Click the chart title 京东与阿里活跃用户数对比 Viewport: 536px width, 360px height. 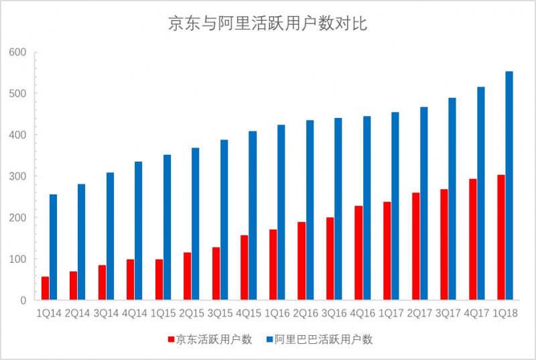coord(267,25)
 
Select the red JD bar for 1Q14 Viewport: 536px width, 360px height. coord(45,288)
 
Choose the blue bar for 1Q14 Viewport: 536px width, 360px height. coord(53,247)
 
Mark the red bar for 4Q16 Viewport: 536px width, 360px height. coord(359,253)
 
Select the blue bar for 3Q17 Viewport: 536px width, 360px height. coord(452,199)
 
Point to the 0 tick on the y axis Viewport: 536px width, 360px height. coord(22,300)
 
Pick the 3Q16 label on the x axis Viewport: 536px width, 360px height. coord(334,313)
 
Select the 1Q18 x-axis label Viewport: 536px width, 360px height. coord(505,313)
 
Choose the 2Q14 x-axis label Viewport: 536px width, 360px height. coord(78,313)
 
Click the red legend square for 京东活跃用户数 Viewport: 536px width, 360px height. coord(171,340)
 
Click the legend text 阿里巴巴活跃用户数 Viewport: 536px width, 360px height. coord(324,340)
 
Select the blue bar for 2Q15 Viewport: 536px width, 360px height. coord(196,224)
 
